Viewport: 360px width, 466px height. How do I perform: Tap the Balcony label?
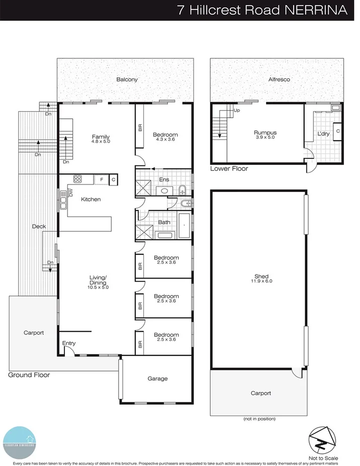click(x=127, y=79)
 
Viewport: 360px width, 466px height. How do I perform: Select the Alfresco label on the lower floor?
click(x=279, y=79)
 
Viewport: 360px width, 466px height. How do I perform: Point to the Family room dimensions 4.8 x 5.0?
click(x=101, y=142)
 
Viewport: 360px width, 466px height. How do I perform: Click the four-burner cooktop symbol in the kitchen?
click(x=78, y=178)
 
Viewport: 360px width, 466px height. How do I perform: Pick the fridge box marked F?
click(x=102, y=179)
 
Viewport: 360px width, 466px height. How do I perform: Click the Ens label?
click(x=164, y=179)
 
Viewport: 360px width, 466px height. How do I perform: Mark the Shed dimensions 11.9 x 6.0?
click(x=261, y=282)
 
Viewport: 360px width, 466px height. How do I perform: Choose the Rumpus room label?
click(x=265, y=133)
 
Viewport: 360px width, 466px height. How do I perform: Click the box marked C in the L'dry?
click(x=337, y=131)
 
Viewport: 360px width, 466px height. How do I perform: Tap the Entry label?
click(x=69, y=343)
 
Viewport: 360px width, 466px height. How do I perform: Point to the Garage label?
click(x=157, y=379)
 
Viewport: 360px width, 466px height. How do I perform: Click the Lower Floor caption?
click(x=229, y=169)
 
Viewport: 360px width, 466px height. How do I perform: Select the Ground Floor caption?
click(x=29, y=375)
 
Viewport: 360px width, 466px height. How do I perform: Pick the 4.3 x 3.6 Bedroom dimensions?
click(x=165, y=140)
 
